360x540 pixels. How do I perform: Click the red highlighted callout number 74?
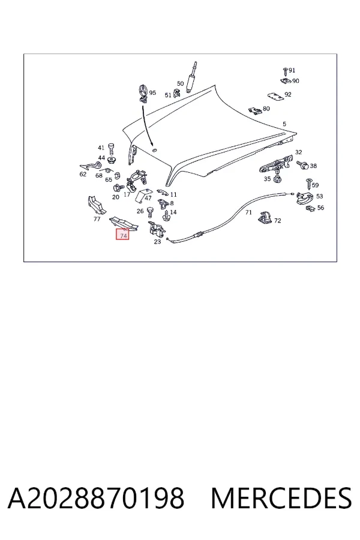[122, 235]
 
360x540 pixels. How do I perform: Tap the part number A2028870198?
[96, 498]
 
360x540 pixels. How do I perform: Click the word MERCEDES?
[281, 498]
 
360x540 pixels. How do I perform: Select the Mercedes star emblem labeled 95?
[143, 93]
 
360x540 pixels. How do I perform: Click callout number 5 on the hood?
[284, 124]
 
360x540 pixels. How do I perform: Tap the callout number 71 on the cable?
[248, 212]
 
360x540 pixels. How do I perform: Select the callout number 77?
[97, 218]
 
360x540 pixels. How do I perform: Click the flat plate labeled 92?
[275, 97]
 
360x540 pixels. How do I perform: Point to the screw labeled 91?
[285, 71]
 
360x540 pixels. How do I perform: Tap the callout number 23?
[157, 242]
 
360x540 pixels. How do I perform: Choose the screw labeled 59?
[308, 184]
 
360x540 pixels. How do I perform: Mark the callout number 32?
[298, 152]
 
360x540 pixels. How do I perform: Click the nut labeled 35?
[277, 179]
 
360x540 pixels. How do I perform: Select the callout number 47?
[148, 198]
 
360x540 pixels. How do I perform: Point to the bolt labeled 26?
[150, 212]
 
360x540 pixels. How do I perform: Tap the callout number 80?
[266, 109]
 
